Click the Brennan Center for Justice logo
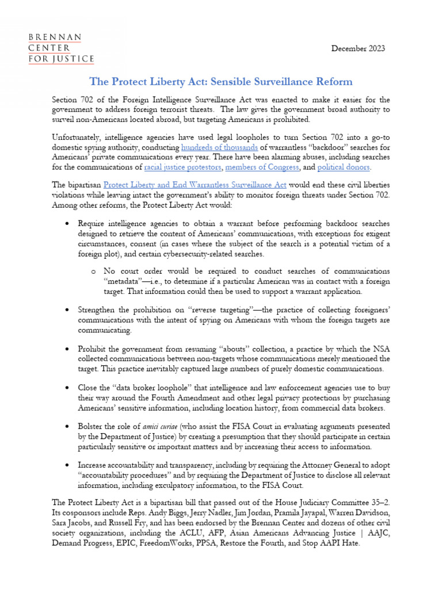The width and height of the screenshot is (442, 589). point(62,48)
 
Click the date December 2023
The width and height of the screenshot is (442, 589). point(358,48)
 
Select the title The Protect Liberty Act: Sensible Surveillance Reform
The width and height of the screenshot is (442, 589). point(220,82)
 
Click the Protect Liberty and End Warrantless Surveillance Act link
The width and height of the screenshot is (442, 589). point(195,186)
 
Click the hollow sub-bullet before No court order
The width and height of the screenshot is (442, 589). point(93,271)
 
